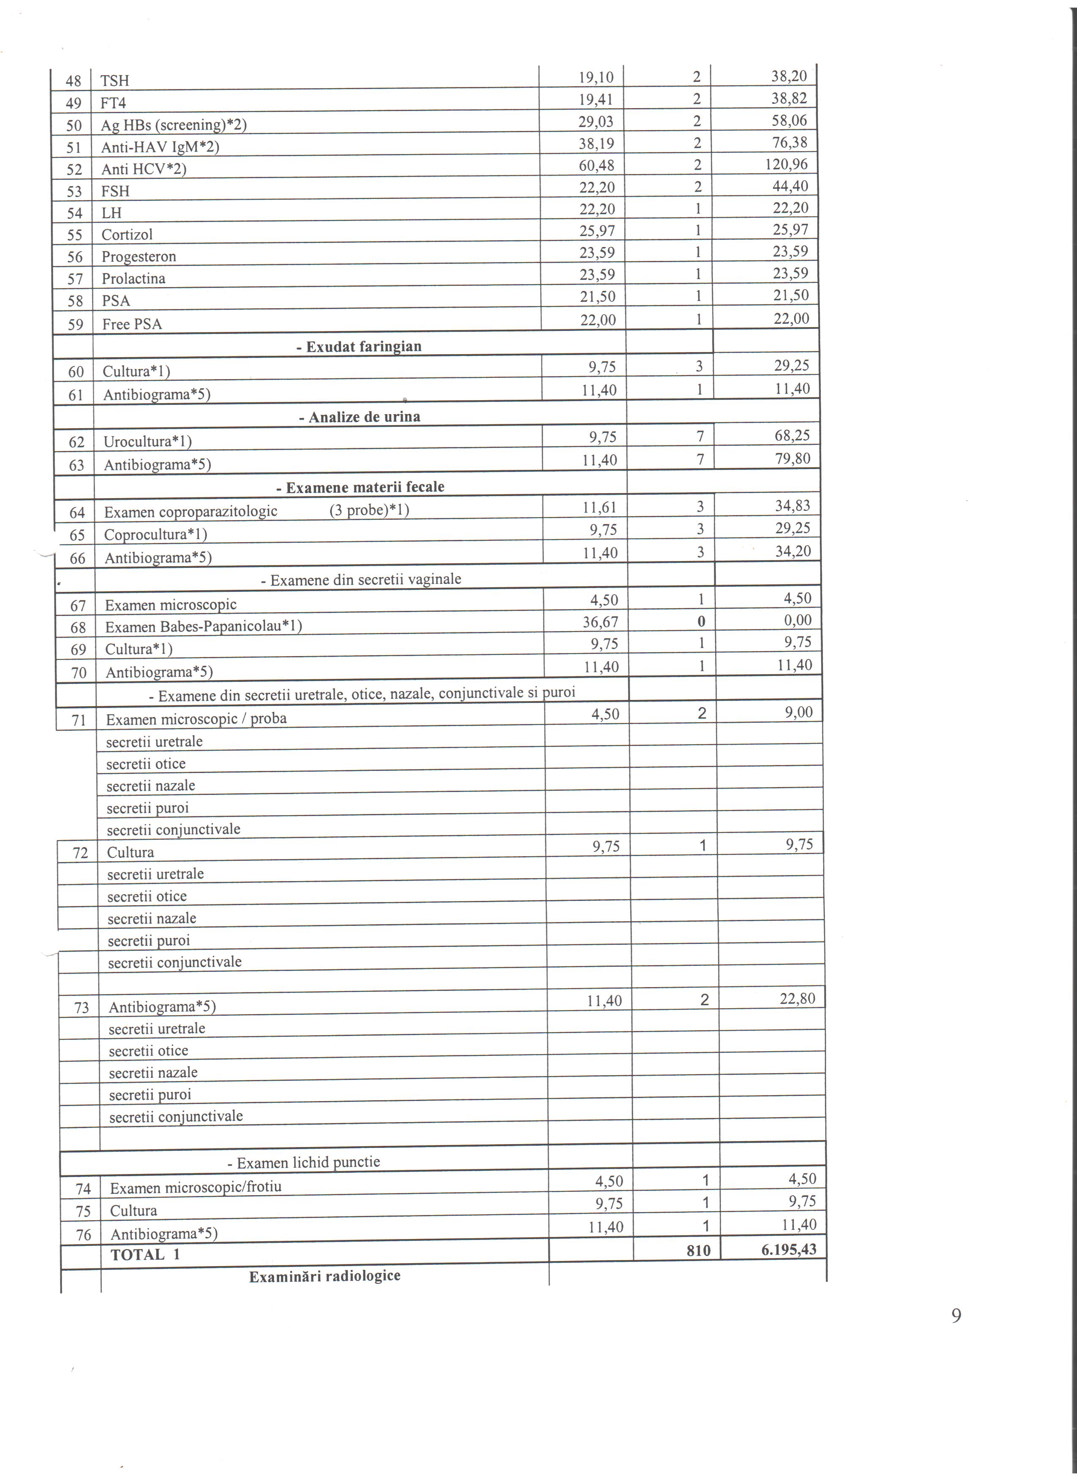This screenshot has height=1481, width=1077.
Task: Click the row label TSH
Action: (x=115, y=81)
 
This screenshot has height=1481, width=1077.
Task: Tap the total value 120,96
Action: (x=786, y=165)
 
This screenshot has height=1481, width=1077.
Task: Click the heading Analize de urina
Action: (x=359, y=417)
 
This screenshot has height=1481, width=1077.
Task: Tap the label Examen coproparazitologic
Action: (x=191, y=511)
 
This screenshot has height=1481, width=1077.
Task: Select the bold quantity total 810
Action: (x=698, y=1250)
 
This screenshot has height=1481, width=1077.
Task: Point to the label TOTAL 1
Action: (x=145, y=1254)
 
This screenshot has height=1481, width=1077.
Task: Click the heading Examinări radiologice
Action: (x=325, y=1276)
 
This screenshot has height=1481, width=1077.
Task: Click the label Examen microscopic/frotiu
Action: (x=195, y=1186)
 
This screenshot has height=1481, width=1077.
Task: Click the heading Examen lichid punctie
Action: (x=304, y=1162)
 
